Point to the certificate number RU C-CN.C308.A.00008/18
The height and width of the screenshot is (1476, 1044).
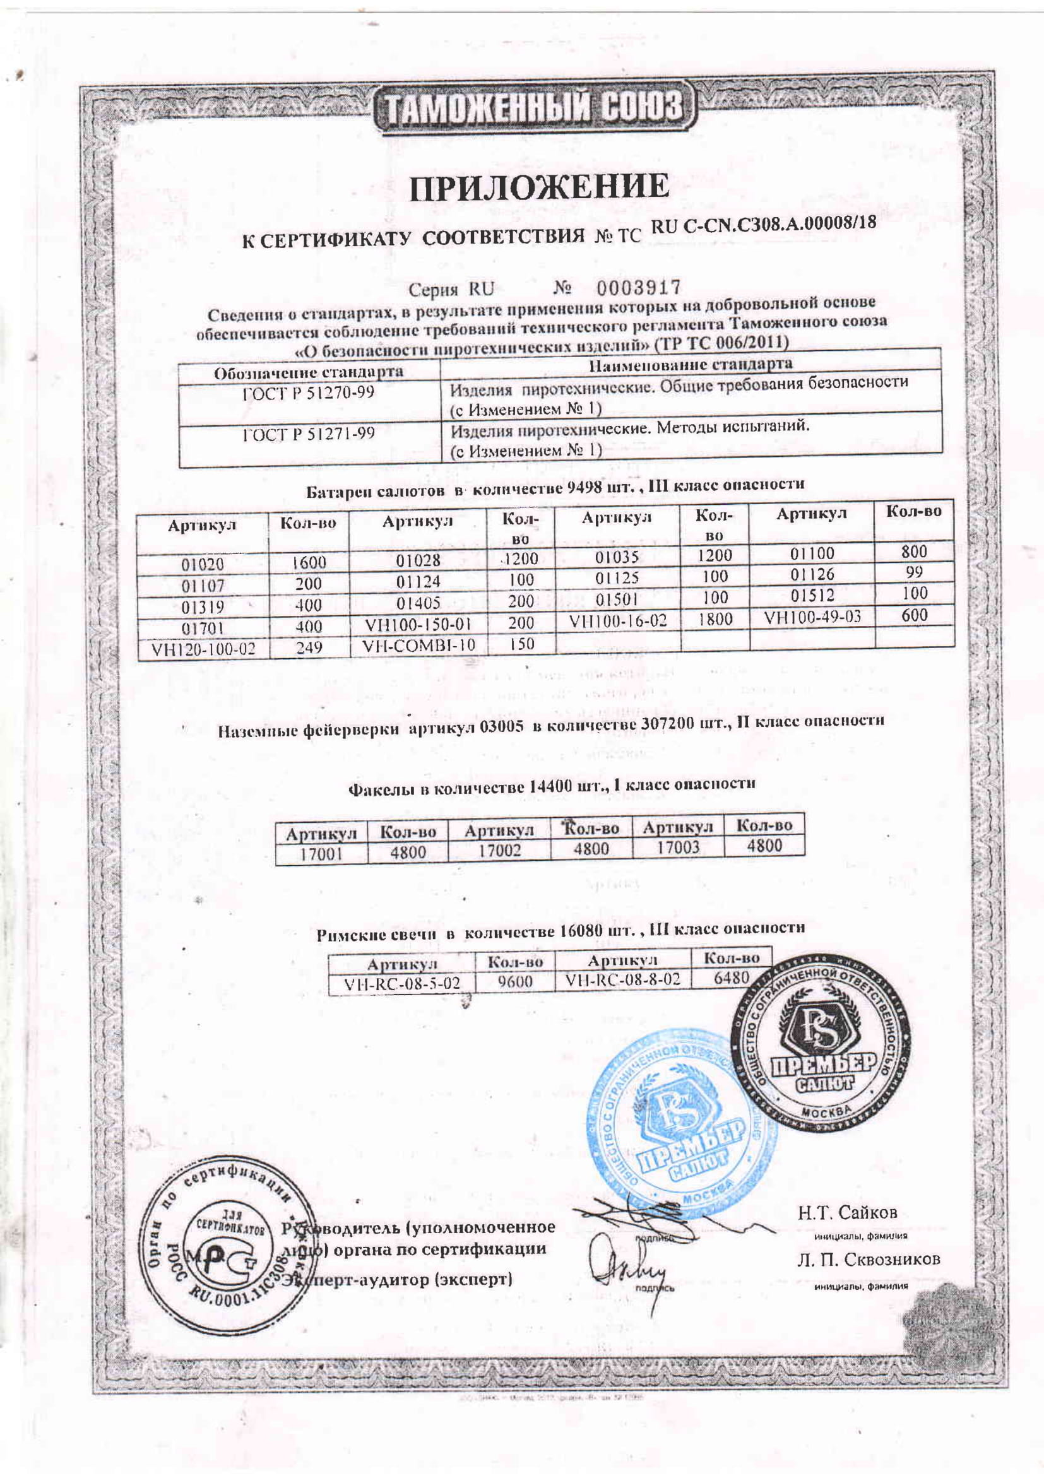click(764, 225)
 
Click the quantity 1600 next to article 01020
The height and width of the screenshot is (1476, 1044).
click(309, 562)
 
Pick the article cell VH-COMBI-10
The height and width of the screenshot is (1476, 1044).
click(418, 645)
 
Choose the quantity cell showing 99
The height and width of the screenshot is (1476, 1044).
click(913, 572)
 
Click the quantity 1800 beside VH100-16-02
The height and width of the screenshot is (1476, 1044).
click(715, 619)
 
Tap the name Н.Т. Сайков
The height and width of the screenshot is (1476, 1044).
click(847, 1213)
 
